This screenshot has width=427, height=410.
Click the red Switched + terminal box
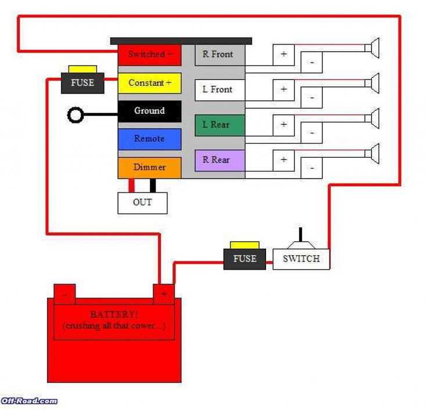(149, 55)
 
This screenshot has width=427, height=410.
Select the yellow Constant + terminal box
(149, 83)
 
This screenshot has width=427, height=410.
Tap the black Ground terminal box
(149, 111)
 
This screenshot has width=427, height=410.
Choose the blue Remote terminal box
(149, 139)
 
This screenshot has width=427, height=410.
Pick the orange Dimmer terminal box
(149, 167)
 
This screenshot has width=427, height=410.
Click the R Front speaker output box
(219, 55)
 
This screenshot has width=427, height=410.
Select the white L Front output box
(219, 90)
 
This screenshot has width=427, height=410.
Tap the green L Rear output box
(219, 125)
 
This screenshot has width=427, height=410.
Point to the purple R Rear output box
(219, 160)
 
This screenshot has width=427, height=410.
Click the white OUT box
(142, 202)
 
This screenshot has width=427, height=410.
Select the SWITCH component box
(301, 259)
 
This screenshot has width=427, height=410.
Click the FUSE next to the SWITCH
(245, 259)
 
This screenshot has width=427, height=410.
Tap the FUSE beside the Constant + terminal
(82, 83)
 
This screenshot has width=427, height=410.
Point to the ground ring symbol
(76, 115)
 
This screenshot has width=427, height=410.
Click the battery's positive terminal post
(163, 293)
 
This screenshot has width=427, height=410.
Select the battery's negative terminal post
(64, 293)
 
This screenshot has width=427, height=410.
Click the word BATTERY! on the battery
(114, 314)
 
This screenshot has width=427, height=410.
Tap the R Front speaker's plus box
(284, 55)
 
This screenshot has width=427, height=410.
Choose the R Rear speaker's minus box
(312, 168)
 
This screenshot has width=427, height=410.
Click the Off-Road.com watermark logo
(29, 401)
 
